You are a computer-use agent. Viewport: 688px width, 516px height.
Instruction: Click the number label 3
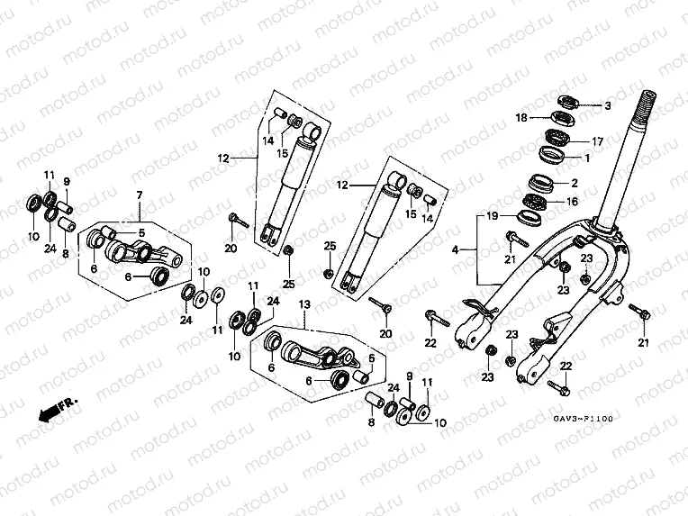click(607, 106)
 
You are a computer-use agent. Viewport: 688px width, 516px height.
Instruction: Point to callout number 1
click(587, 158)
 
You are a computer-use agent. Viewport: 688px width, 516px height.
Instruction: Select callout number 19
click(493, 217)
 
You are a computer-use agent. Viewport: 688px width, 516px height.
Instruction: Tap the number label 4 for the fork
click(456, 249)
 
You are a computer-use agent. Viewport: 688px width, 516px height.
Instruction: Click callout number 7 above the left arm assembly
click(139, 195)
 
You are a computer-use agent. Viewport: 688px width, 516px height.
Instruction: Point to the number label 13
click(304, 305)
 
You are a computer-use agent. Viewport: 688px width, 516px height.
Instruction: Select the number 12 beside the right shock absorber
click(342, 186)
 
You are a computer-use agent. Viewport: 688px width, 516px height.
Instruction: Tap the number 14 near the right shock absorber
click(429, 218)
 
